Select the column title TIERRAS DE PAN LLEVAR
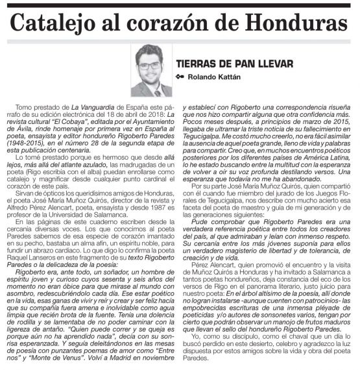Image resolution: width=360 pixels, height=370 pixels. point(234,64)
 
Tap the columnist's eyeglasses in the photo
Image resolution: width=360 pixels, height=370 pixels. point(150,65)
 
